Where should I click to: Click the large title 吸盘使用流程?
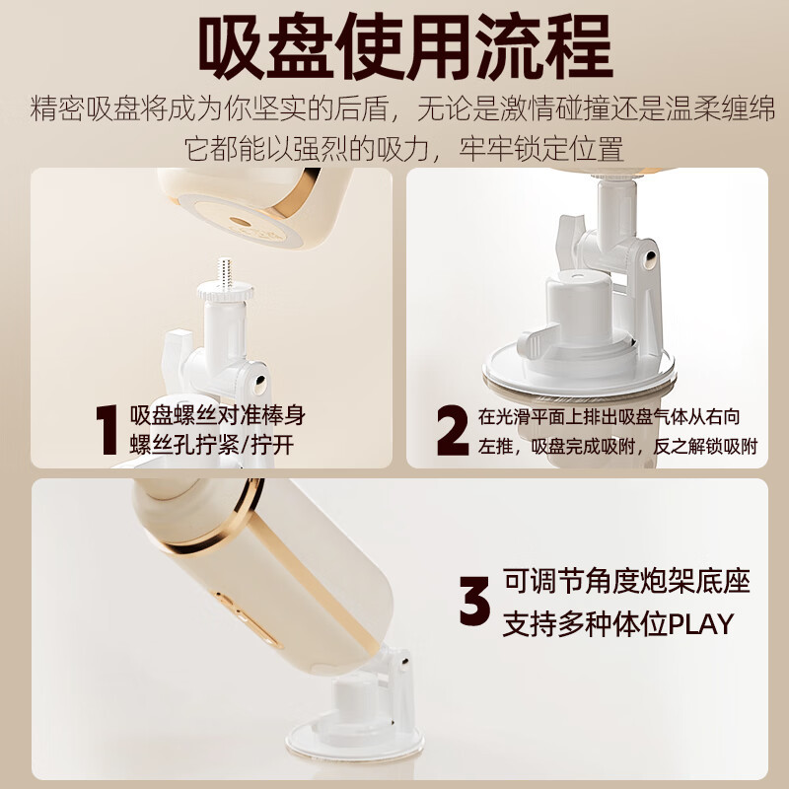(405, 46)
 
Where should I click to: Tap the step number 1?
(107, 430)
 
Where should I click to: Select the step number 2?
(453, 430)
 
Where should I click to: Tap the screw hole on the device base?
(240, 222)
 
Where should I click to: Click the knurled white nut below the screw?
(226, 292)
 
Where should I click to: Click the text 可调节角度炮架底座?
(626, 581)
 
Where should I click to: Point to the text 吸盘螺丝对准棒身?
(217, 415)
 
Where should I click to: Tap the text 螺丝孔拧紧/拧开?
(212, 445)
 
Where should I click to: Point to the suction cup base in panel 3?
(355, 740)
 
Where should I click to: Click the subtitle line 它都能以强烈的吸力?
(404, 149)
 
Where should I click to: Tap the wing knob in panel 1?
(178, 348)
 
